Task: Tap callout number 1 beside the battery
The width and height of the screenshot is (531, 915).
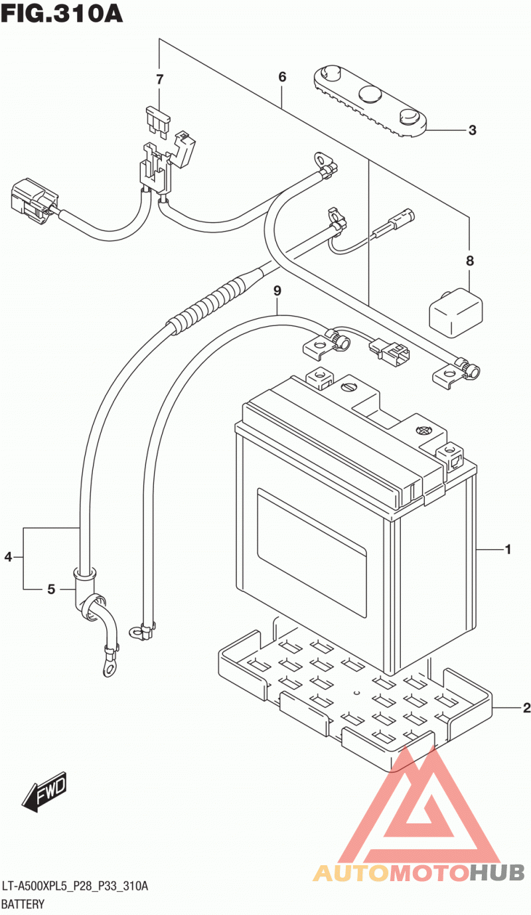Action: pos(508,549)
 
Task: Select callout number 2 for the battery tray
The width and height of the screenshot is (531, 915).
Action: pos(526,707)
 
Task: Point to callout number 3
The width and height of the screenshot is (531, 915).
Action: pos(472,130)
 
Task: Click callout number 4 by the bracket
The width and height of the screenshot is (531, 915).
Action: pos(8,556)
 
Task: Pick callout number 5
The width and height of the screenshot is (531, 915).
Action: pos(50,589)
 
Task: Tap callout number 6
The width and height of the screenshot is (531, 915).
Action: pos(282,77)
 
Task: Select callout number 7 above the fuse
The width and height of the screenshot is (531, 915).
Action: pos(160,79)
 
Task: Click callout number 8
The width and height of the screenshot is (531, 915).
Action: pos(470,260)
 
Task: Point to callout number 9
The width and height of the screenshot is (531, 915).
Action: pos(277,291)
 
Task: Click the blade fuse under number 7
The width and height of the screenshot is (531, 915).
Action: pos(157,120)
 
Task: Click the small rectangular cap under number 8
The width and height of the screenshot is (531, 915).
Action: pos(455,313)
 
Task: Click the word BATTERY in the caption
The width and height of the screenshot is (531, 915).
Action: pos(23,904)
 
